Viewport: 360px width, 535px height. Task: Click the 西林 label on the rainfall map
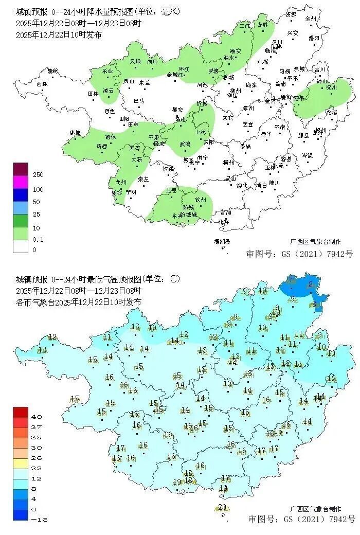(x=42, y=84)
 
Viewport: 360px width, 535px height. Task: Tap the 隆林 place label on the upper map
(x=52, y=71)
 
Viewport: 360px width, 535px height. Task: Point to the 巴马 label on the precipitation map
(x=139, y=101)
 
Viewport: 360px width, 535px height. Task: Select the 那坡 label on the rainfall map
(x=75, y=133)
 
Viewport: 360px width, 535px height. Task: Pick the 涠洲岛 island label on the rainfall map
(x=222, y=241)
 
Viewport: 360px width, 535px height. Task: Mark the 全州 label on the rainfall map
(x=310, y=19)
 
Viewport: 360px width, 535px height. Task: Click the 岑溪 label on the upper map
(x=307, y=155)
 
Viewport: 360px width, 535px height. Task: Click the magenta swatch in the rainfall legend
(x=21, y=182)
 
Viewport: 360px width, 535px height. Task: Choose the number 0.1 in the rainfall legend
(x=38, y=240)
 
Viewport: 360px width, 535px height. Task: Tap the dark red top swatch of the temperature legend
(x=21, y=412)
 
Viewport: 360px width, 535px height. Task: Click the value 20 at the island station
(x=222, y=507)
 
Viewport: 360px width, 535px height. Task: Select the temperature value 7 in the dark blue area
(x=291, y=280)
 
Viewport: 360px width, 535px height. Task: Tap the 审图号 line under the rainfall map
(x=300, y=254)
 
